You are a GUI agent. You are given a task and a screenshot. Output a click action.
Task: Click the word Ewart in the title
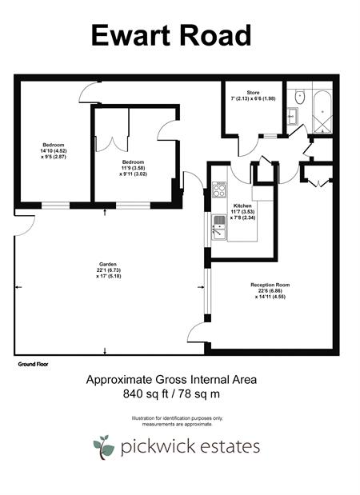click(130, 35)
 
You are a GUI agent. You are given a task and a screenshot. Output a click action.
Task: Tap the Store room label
click(253, 93)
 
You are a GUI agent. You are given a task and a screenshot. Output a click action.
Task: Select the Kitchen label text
click(243, 206)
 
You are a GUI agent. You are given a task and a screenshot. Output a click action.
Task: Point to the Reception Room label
click(270, 285)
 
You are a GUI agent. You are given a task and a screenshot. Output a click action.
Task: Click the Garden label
click(108, 264)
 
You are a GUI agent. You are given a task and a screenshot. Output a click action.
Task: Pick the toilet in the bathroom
click(299, 96)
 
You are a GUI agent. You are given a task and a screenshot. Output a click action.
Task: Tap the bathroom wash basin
click(293, 117)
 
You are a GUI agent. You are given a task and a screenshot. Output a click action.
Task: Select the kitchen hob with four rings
click(219, 190)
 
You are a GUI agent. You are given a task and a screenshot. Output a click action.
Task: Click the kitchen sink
click(219, 227)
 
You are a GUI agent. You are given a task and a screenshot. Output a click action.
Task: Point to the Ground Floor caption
click(33, 364)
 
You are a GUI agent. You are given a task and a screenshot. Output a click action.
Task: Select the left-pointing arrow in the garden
click(18, 287)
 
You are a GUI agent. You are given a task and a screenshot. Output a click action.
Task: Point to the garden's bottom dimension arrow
click(105, 351)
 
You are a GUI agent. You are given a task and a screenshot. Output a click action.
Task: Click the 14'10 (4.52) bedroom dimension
click(51, 151)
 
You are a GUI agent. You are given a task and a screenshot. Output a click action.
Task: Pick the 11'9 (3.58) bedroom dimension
click(134, 168)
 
